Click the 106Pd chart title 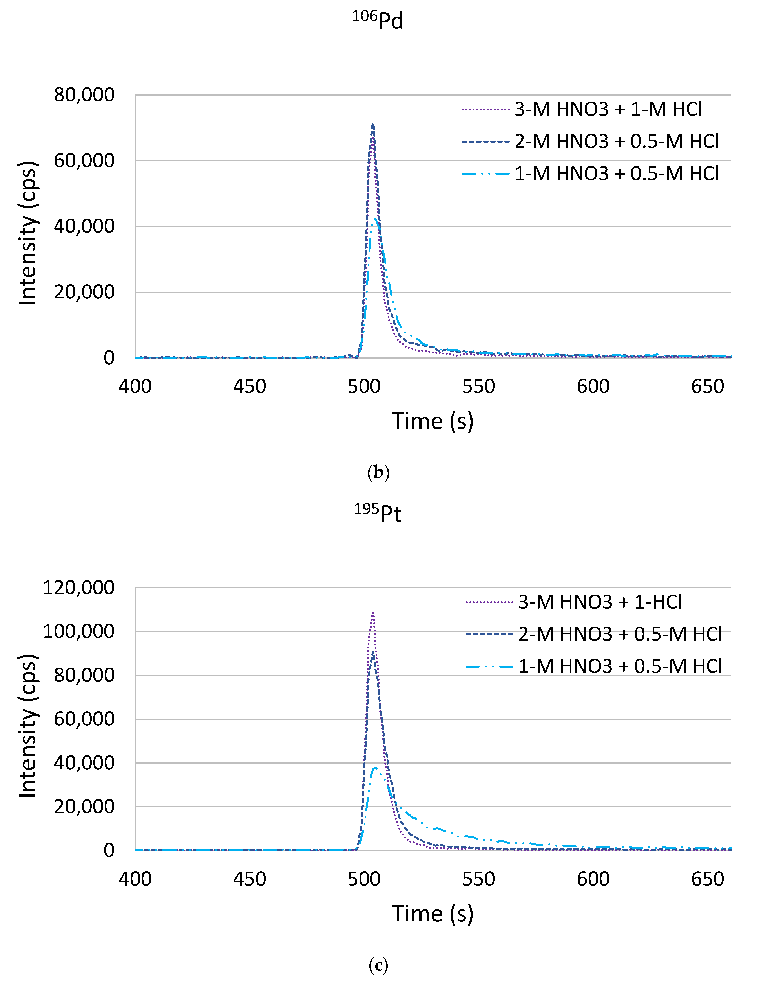(x=378, y=20)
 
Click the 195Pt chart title (x=378, y=513)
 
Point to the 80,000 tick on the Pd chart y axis (x=84, y=95)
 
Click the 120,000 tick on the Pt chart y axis (x=79, y=588)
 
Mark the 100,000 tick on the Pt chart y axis (x=79, y=631)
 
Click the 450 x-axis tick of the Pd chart (x=250, y=387)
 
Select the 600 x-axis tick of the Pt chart (x=593, y=880)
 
